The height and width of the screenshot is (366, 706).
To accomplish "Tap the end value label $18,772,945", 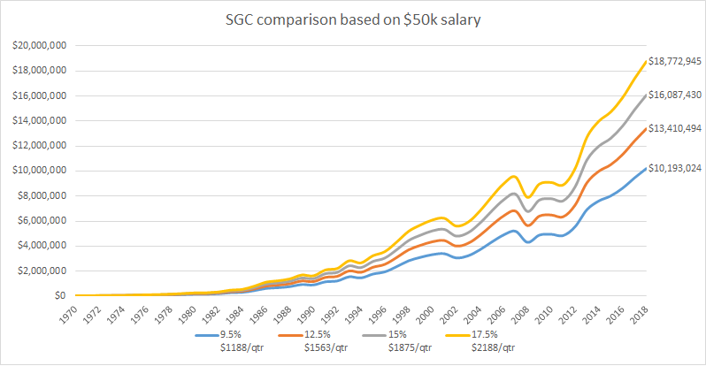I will (675, 61).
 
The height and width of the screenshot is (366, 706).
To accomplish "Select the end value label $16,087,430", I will (675, 94).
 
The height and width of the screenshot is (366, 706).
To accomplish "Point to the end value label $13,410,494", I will (675, 127).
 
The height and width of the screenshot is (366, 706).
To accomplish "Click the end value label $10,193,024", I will (675, 167).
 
